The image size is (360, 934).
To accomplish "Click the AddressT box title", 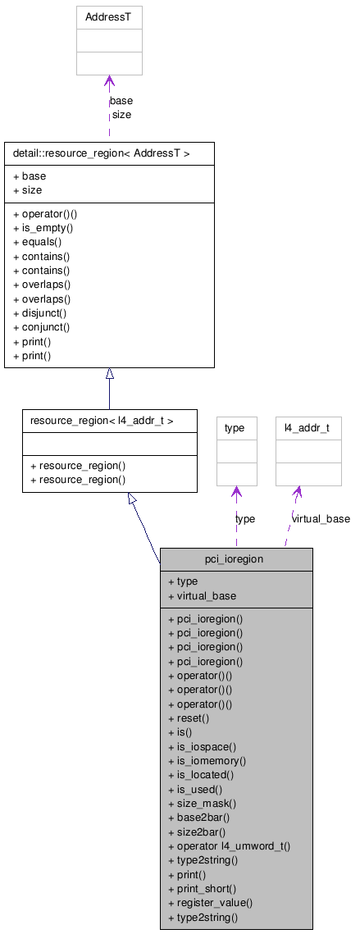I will pos(108,16).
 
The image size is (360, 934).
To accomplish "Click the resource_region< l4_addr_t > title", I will pos(102,421).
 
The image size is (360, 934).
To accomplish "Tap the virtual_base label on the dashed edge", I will pos(321,519).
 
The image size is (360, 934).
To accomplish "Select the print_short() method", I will pos(206,889).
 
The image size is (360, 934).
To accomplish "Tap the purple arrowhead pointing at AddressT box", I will pos(109,82).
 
